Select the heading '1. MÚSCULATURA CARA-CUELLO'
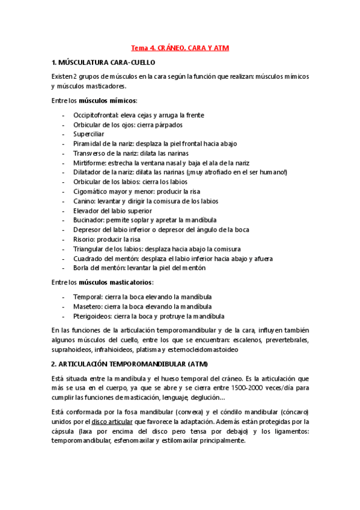pyautogui.click(x=104, y=62)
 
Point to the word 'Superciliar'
pyautogui.click(x=89, y=134)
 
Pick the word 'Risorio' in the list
pyautogui.click(x=84, y=239)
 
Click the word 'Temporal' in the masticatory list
pyautogui.click(x=87, y=296)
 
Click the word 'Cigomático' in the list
pyautogui.click(x=91, y=191)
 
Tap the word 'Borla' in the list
pyautogui.click(x=82, y=268)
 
